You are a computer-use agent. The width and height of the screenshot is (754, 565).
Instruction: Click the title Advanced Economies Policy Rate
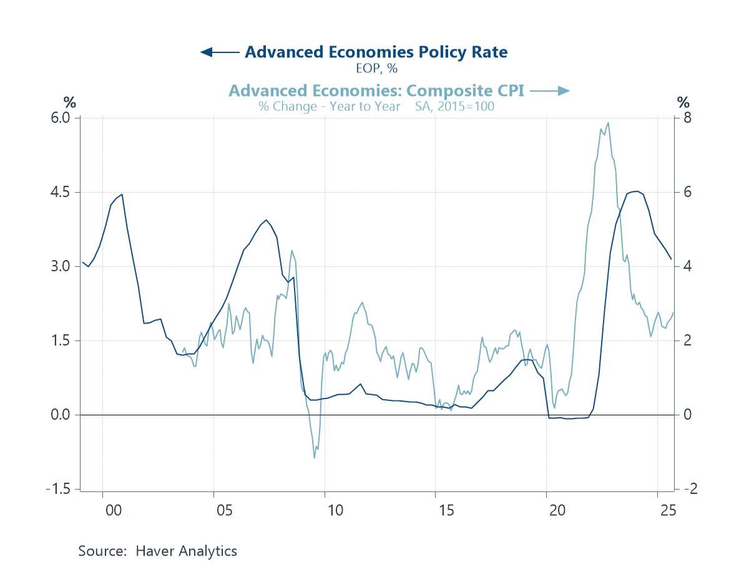click(x=376, y=52)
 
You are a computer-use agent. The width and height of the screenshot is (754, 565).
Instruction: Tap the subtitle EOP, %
click(x=376, y=69)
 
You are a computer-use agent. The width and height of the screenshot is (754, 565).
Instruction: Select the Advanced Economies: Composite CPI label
click(x=376, y=91)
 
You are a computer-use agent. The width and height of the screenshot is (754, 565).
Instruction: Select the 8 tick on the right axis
click(x=686, y=118)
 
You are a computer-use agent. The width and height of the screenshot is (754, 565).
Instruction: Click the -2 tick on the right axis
click(x=688, y=489)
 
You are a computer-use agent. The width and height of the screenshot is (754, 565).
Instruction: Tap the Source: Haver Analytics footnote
click(x=157, y=551)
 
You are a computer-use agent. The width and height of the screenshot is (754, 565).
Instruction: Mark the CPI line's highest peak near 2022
click(x=608, y=123)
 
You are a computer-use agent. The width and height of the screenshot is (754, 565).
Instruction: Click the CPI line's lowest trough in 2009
click(x=315, y=458)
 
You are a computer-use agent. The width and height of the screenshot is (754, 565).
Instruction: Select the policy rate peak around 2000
click(x=122, y=194)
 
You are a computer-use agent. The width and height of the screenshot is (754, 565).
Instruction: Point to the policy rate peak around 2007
click(x=267, y=220)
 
